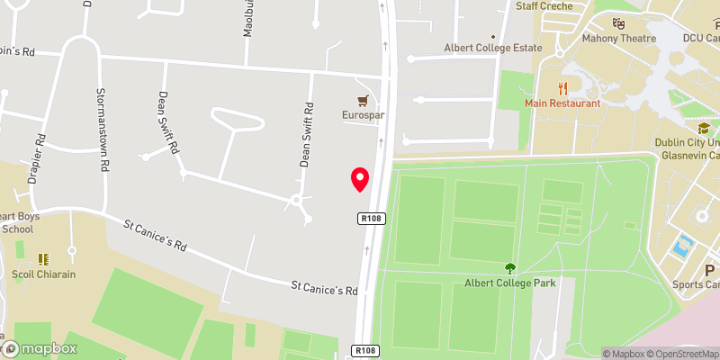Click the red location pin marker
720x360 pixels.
pos(360,179)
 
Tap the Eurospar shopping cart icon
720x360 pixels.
pos(363,100)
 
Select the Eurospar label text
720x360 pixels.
pos(363,115)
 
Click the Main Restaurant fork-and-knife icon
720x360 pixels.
pos(563,88)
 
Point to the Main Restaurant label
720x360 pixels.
pos(563,103)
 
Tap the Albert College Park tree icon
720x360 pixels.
pos(509,267)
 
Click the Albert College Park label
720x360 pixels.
pos(509,283)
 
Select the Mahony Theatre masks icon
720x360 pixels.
pos(617,22)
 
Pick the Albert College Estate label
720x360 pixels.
pos(493,48)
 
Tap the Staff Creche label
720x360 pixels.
pos(544,5)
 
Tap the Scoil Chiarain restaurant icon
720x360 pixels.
pos(44,259)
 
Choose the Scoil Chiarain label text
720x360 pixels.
pos(44,274)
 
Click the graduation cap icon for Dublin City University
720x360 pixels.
pos(703,130)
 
